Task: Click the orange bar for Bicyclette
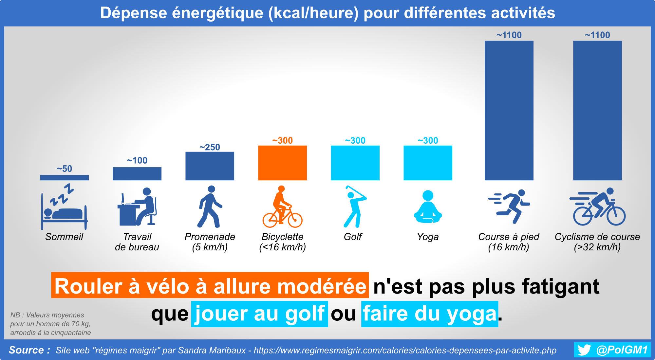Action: point(282,163)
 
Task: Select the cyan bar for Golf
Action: point(355,163)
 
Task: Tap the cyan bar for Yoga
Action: point(428,163)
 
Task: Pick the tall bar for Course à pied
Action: point(509,111)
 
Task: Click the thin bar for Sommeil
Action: point(64,178)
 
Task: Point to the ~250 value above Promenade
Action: point(210,147)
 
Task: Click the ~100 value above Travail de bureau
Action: point(137,160)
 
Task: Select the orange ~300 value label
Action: point(282,141)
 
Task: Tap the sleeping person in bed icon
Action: point(64,207)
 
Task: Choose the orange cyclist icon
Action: point(282,207)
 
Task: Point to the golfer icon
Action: point(355,207)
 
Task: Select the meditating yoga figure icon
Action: point(428,207)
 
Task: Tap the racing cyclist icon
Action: point(597,207)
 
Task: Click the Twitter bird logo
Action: point(584,350)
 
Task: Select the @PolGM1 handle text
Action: point(622,350)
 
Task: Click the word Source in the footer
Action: point(26,350)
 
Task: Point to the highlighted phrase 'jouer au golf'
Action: point(260,314)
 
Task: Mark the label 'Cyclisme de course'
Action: point(597,237)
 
